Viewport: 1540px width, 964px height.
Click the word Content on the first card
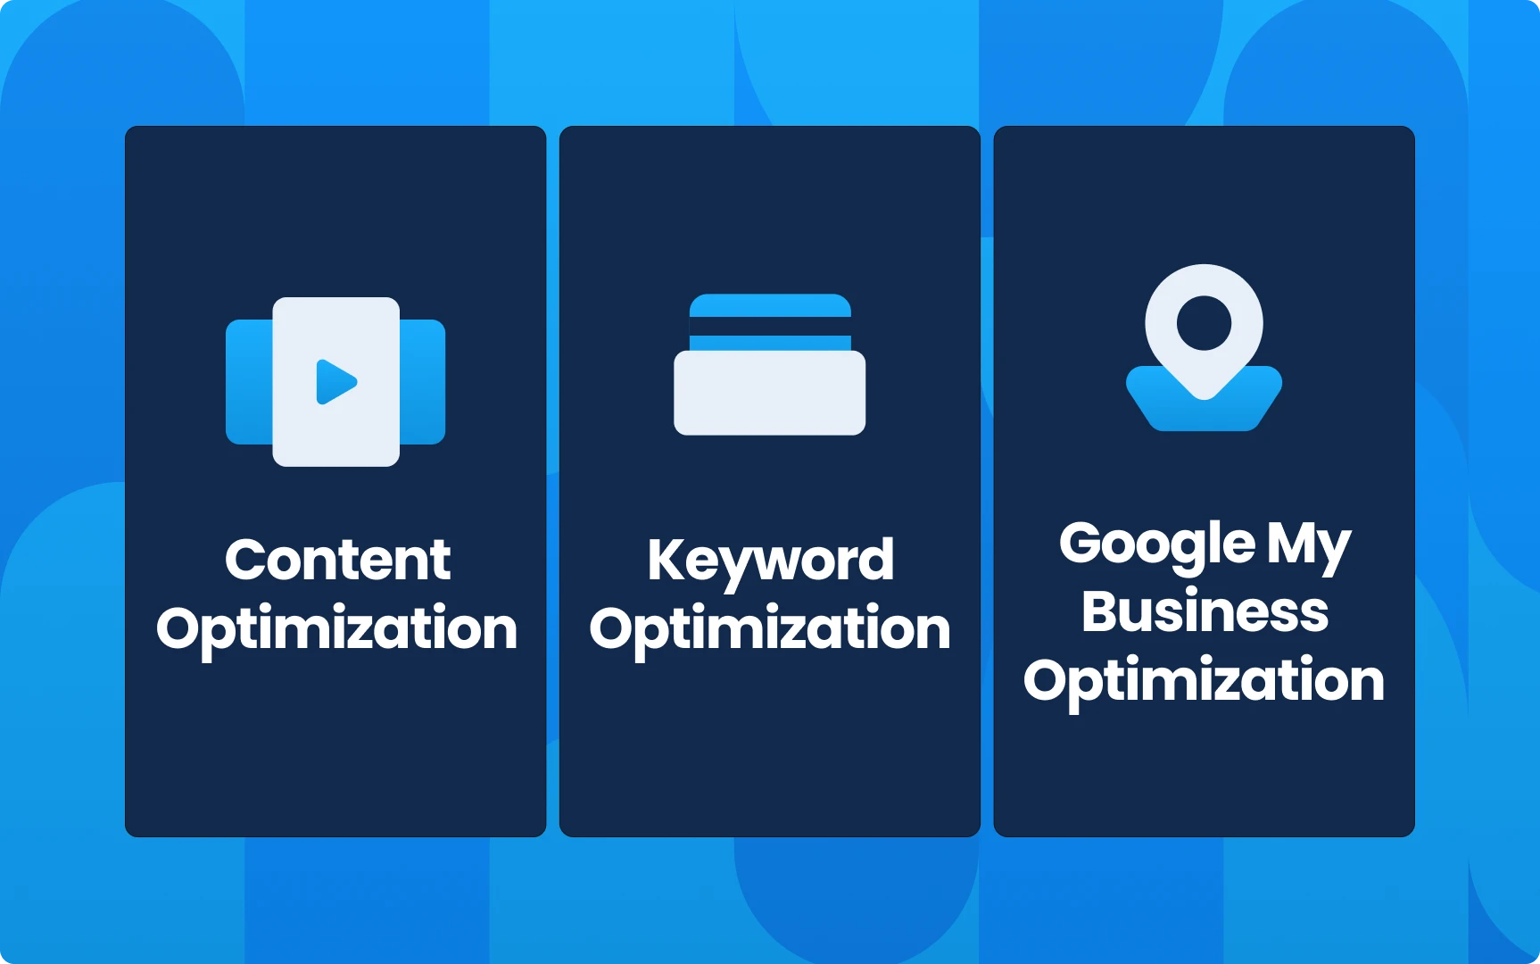click(x=337, y=560)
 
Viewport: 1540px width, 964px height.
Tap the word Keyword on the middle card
click(x=770, y=563)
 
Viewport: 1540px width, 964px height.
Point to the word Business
click(x=1205, y=611)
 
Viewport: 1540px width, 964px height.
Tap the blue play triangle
click(x=335, y=382)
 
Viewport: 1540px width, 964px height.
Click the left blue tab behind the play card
click(x=249, y=382)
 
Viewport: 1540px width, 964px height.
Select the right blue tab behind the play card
click(x=422, y=382)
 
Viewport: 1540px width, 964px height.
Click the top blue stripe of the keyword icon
click(x=770, y=305)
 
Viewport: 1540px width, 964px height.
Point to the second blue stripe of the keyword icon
click(x=770, y=343)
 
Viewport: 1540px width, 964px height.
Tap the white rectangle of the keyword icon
click(x=769, y=393)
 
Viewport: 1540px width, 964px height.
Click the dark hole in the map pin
click(x=1204, y=322)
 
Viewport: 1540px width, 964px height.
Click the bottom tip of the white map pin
click(x=1204, y=398)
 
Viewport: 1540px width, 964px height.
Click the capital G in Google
click(x=1081, y=543)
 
